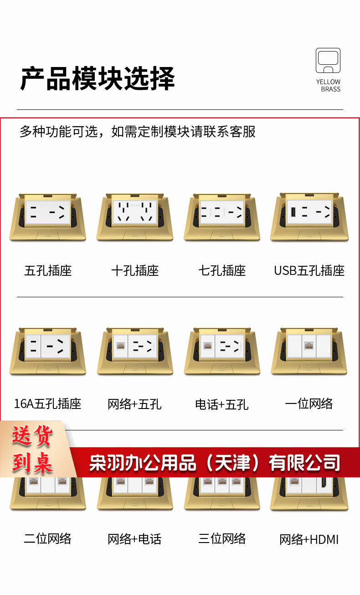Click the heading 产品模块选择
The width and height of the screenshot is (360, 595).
pyautogui.click(x=98, y=78)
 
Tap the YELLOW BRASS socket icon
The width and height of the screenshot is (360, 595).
pyautogui.click(x=328, y=60)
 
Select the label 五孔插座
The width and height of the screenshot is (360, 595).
pyautogui.click(x=48, y=271)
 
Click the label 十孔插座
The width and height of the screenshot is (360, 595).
pyautogui.click(x=135, y=271)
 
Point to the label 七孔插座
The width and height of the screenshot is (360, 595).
pyautogui.click(x=222, y=271)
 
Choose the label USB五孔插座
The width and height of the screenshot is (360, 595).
pyautogui.click(x=309, y=271)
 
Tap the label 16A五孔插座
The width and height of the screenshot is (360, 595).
pyautogui.click(x=47, y=404)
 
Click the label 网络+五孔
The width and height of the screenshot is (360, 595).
pyautogui.click(x=134, y=404)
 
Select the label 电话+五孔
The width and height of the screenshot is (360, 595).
pyautogui.click(x=222, y=404)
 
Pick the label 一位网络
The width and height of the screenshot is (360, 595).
pyautogui.click(x=309, y=404)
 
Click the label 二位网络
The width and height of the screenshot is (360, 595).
pyautogui.click(x=47, y=538)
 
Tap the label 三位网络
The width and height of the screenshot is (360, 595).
pyautogui.click(x=222, y=538)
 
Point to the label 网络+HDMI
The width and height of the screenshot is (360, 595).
pyautogui.click(x=309, y=539)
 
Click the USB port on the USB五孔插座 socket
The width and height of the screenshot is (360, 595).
pyautogui.click(x=293, y=212)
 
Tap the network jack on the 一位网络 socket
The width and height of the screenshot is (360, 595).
pyautogui.click(x=309, y=346)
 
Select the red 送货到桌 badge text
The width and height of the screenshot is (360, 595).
pyautogui.click(x=32, y=449)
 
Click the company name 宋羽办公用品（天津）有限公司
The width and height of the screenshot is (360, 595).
pyautogui.click(x=215, y=463)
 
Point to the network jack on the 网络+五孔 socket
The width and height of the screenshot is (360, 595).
pyautogui.click(x=120, y=346)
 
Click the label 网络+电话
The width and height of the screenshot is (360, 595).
pyautogui.click(x=134, y=539)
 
